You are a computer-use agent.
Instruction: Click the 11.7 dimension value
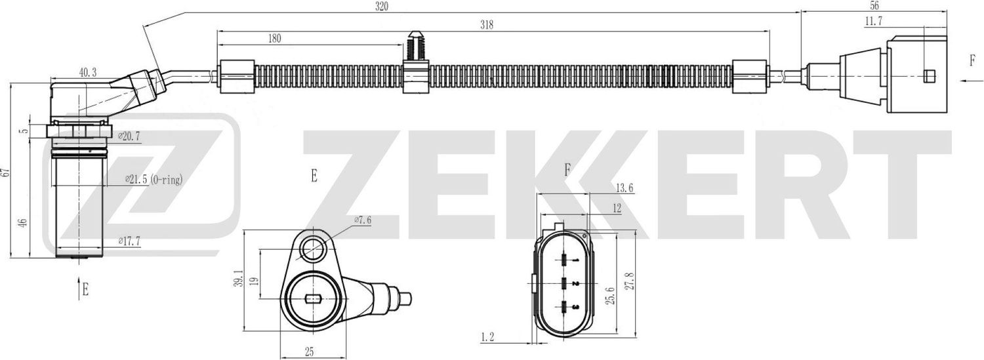pos(873,22)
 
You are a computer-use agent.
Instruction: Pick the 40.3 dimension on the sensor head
pos(87,73)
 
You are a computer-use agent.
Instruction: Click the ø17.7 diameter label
pos(130,241)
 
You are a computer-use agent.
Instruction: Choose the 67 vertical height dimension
pos(7,172)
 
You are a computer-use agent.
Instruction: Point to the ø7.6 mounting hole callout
pos(363,220)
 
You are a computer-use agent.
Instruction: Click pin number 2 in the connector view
pos(574,284)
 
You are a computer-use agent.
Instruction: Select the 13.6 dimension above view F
pos(625,188)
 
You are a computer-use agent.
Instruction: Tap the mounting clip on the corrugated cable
pos(415,62)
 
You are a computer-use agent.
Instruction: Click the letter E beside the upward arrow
pos(85,289)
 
